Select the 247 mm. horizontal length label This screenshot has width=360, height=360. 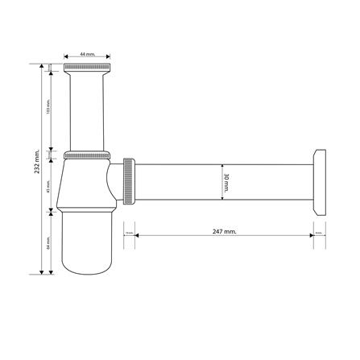click(224, 231)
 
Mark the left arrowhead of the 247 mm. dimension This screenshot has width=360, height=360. click(137, 235)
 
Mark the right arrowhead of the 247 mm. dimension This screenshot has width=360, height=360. click(311, 235)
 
